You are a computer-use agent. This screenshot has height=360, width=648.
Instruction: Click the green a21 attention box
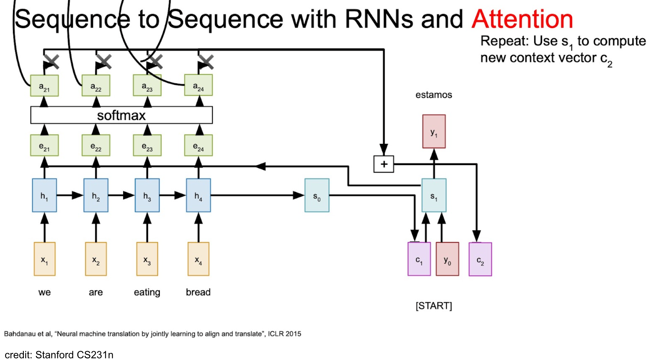point(44,86)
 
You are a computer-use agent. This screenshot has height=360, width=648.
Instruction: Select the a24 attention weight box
point(198,85)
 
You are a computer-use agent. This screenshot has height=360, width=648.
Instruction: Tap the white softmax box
point(121,115)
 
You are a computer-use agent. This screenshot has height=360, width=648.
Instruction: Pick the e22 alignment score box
point(96,146)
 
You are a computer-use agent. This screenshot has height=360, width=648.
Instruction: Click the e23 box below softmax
point(147,146)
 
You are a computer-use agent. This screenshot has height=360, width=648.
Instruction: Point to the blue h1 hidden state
point(44,195)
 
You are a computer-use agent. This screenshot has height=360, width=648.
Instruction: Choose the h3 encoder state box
point(147,195)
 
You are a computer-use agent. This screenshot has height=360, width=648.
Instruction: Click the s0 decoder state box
point(317,195)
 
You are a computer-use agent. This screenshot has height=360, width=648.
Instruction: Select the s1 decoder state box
point(434,195)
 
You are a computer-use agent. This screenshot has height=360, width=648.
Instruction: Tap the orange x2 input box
point(96,259)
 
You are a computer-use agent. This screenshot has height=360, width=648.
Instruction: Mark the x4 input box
point(198,259)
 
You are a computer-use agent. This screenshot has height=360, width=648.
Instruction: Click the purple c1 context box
point(419,259)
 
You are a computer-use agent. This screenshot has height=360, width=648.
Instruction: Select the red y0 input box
point(447,259)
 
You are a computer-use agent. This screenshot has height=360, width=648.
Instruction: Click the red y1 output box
point(434,132)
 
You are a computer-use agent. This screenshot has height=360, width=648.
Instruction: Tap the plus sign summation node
point(384,164)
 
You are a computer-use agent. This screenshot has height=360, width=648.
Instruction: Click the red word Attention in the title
point(522,19)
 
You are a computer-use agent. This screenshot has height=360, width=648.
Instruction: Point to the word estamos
point(434,95)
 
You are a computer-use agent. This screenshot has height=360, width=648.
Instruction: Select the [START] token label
point(434,306)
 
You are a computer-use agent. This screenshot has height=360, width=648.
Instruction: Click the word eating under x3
point(147,292)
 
